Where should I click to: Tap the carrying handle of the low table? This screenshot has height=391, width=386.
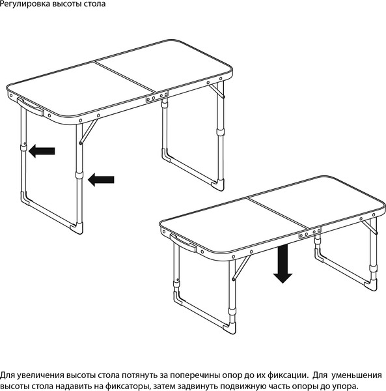(x=183, y=243)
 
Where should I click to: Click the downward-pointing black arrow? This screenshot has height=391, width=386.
(x=283, y=264)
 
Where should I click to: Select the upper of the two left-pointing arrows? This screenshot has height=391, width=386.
(x=42, y=151)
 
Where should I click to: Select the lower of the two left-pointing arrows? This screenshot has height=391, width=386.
(x=101, y=180)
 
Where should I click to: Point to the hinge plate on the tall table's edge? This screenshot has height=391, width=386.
(x=157, y=96)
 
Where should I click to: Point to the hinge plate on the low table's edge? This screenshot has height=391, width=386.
(x=310, y=233)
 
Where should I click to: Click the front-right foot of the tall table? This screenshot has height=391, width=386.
(x=77, y=228)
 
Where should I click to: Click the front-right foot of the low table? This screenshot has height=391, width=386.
(x=230, y=328)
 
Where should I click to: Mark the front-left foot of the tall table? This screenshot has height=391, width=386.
(x=24, y=198)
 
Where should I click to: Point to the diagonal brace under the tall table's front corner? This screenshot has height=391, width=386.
(x=89, y=132)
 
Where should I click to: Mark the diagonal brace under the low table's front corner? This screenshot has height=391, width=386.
(x=241, y=268)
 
